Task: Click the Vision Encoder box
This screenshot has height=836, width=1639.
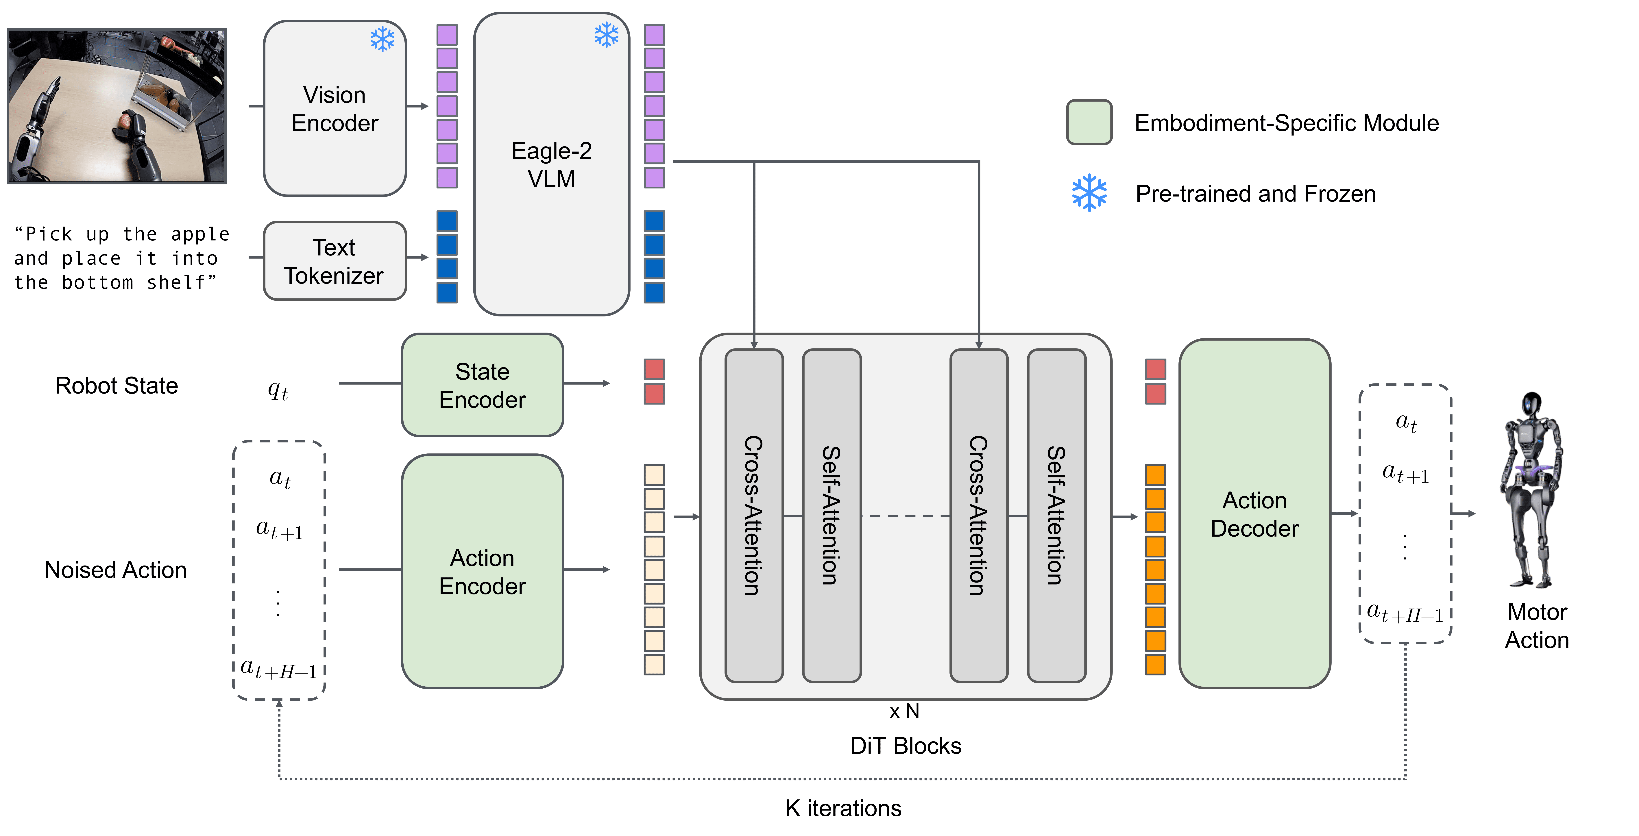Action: [x=335, y=108]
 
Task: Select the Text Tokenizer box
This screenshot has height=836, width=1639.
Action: [x=335, y=261]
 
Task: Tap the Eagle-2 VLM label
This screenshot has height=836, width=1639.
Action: [x=552, y=165]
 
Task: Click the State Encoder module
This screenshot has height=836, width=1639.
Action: [x=482, y=385]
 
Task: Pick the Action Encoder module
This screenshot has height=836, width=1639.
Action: [x=482, y=571]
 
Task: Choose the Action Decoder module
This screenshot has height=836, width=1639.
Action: [x=1255, y=514]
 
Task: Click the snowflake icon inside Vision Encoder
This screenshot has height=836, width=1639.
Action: [x=382, y=39]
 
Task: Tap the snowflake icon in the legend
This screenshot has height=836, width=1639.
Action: [x=1089, y=193]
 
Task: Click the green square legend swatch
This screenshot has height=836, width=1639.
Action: [x=1089, y=122]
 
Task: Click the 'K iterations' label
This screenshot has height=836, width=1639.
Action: [x=843, y=808]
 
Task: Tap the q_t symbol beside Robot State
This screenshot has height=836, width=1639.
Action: [x=278, y=389]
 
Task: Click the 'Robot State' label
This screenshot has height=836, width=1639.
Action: [x=117, y=385]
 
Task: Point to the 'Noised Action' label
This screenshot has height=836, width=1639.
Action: [x=116, y=570]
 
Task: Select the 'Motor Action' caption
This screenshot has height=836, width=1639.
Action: [x=1537, y=626]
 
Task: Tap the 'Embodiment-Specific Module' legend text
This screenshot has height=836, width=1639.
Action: [x=1287, y=123]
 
